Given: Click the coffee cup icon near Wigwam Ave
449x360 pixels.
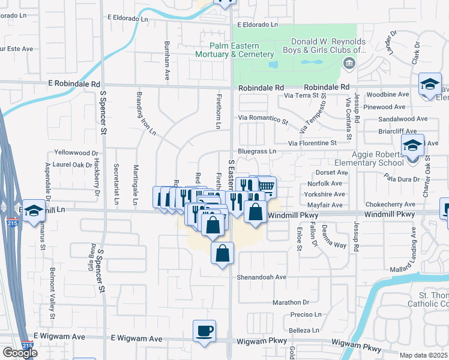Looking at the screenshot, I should click(204, 331).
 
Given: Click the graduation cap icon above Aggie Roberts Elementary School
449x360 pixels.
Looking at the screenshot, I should click(412, 145).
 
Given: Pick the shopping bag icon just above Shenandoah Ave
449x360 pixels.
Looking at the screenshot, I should click(223, 253).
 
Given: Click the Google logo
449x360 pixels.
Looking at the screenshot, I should click(20, 353).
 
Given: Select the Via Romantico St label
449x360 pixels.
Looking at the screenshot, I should click(263, 119).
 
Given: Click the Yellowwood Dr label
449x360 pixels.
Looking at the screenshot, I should click(76, 153).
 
